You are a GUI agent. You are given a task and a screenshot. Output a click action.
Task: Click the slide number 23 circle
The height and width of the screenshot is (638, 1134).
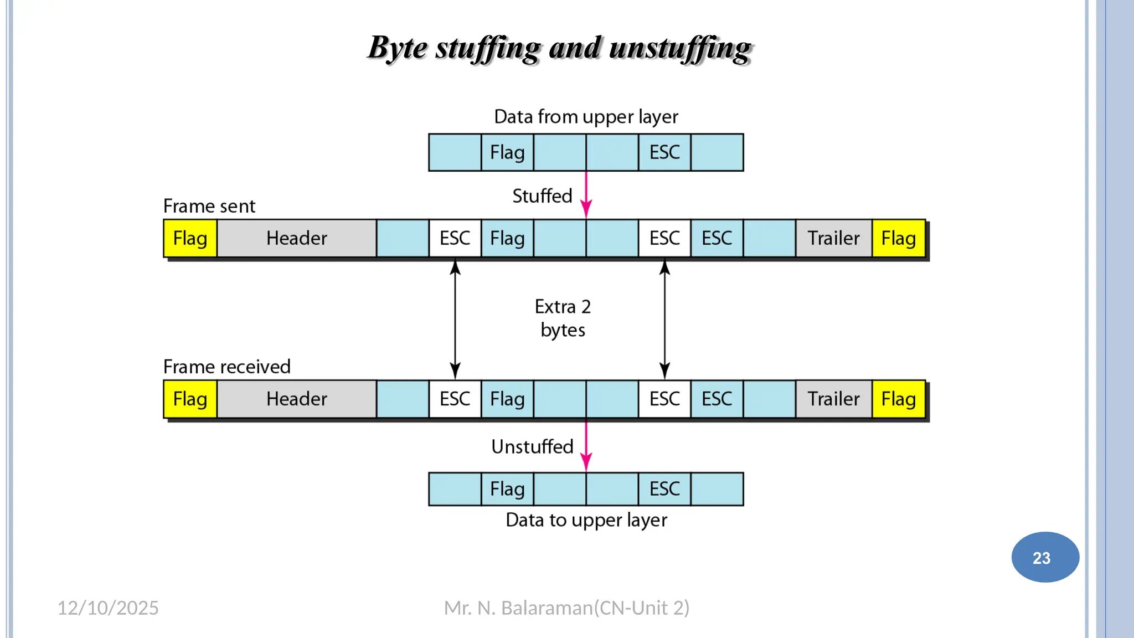coord(1045,557)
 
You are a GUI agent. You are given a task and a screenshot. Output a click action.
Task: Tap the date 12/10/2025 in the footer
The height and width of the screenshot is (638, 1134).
coord(108,608)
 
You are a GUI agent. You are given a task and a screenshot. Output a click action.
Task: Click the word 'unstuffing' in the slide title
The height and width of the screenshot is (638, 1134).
coord(681,48)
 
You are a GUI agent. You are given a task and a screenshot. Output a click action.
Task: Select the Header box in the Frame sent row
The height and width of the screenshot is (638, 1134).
coord(296,239)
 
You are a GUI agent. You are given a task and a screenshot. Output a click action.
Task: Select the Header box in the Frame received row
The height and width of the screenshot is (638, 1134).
coord(296,399)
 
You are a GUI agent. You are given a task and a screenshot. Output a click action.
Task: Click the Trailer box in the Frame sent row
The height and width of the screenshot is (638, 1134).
coord(833,239)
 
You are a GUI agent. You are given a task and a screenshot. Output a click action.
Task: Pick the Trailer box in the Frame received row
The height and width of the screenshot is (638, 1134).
coord(833,399)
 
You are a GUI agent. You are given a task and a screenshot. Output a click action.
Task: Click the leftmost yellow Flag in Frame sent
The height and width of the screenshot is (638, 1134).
coord(190,239)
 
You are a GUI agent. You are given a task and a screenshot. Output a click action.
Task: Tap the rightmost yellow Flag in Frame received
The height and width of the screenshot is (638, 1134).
coord(898,399)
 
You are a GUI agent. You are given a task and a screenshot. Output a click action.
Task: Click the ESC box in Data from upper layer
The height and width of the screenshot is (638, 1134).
coord(664,152)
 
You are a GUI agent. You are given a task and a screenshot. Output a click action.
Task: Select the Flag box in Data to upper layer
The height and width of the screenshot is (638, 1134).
coord(507,489)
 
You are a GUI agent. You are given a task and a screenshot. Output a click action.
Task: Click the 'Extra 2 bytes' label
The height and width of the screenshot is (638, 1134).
coord(563,318)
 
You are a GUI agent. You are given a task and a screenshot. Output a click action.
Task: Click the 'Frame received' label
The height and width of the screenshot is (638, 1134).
coord(226,367)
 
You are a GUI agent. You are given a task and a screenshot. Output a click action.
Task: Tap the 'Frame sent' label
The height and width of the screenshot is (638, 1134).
coord(209,206)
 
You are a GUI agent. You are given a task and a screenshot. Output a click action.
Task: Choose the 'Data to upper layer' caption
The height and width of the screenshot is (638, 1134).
coord(586,520)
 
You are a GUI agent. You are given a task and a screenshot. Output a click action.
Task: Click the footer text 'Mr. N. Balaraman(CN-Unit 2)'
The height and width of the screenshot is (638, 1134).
coord(566,608)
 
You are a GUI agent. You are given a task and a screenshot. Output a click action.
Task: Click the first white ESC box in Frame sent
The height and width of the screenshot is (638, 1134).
coord(455,239)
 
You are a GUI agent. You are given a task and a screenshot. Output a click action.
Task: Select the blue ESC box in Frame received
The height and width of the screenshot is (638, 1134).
coord(717,399)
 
